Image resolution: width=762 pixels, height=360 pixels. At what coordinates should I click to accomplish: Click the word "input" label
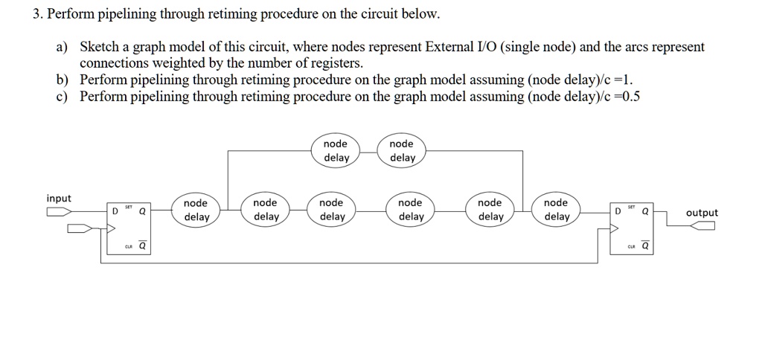pyautogui.click(x=59, y=199)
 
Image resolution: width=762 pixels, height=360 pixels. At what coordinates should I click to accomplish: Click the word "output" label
pyautogui.click(x=702, y=213)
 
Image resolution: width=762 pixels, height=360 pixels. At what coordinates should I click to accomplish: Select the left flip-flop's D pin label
pyautogui.click(x=114, y=210)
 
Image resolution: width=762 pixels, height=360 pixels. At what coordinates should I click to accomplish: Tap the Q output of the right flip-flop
pyautogui.click(x=644, y=210)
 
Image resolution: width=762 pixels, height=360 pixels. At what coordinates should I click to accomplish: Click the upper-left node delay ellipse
pyautogui.click(x=336, y=150)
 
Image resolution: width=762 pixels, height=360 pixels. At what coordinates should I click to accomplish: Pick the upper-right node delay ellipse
pyautogui.click(x=402, y=150)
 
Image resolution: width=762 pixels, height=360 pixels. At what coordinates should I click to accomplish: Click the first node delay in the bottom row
pyautogui.click(x=196, y=210)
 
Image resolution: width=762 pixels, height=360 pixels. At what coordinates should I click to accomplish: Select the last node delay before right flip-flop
pyautogui.click(x=556, y=210)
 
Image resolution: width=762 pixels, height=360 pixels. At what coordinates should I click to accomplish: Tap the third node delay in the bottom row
pyautogui.click(x=331, y=210)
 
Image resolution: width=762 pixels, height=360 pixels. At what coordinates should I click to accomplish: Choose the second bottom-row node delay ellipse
pyautogui.click(x=265, y=210)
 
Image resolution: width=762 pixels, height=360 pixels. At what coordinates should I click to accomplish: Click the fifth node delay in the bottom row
pyautogui.click(x=490, y=210)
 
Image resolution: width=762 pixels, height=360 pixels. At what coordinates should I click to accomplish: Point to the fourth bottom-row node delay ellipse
pyautogui.click(x=410, y=210)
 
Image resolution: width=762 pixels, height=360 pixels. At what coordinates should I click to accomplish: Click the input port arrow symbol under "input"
pyautogui.click(x=60, y=211)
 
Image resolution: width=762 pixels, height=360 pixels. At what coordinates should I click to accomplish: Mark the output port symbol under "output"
pyautogui.click(x=702, y=226)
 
